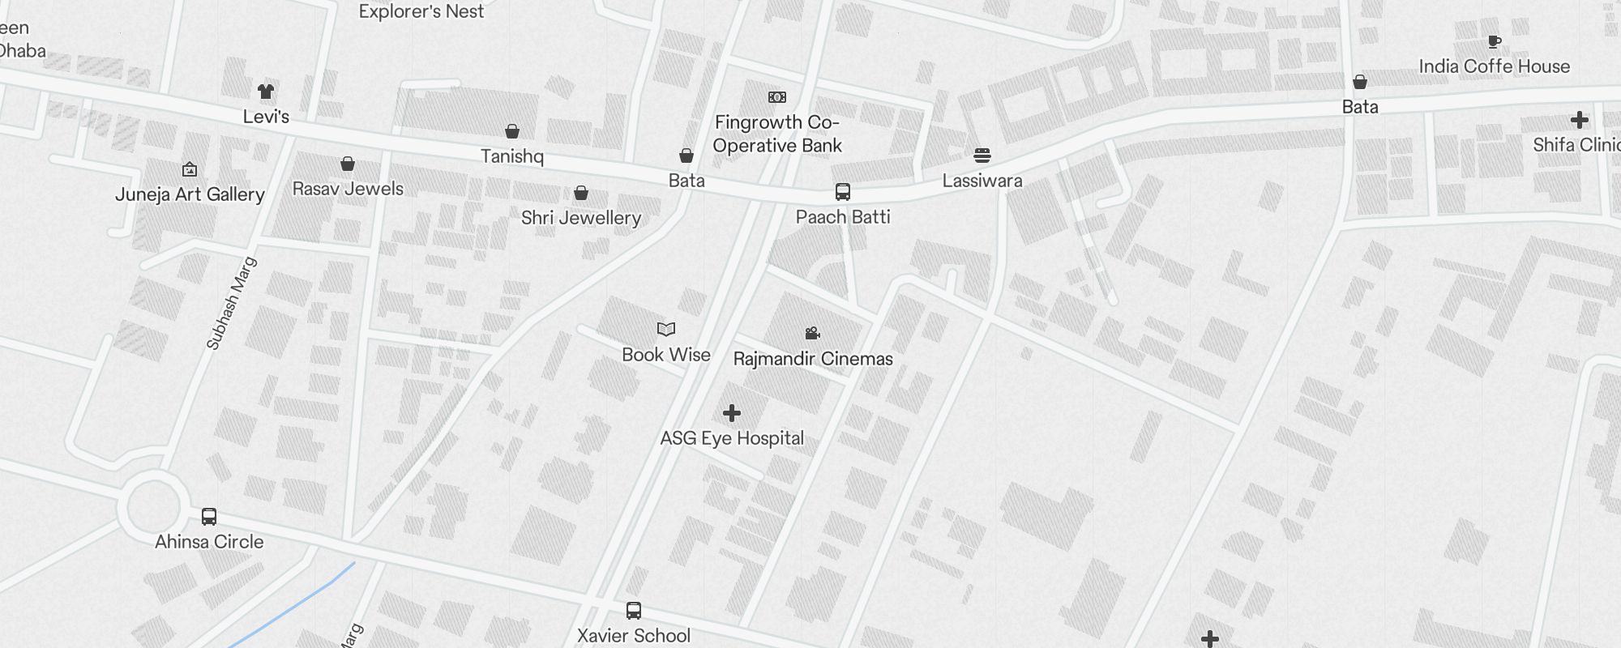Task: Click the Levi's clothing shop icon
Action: (266, 91)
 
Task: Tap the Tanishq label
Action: (511, 156)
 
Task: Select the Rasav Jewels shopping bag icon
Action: (348, 164)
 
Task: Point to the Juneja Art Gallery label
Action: (190, 194)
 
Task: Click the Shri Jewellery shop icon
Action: (581, 193)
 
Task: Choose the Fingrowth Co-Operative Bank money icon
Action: (777, 97)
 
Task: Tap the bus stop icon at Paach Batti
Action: (843, 192)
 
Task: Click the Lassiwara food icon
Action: (982, 156)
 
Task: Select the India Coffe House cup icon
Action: (1495, 42)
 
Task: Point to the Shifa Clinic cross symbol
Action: (1579, 121)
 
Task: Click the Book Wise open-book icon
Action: (666, 329)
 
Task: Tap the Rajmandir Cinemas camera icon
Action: (813, 333)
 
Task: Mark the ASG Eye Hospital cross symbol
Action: (732, 413)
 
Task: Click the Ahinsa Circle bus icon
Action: (209, 517)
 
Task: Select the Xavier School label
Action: (634, 636)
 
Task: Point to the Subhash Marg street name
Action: (232, 303)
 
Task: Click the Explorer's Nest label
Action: (421, 11)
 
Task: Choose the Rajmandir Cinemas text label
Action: (813, 359)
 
